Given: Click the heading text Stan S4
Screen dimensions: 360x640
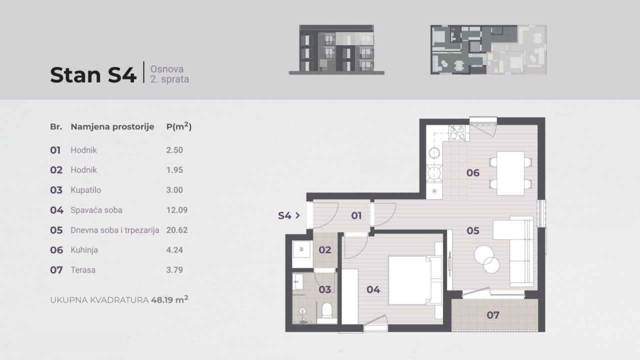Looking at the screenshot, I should [x=93, y=75].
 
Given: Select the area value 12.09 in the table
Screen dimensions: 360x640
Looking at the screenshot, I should [x=177, y=210].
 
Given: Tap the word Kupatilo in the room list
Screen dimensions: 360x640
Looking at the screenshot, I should [x=85, y=190].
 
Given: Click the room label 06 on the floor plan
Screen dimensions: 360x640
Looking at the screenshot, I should [x=472, y=173].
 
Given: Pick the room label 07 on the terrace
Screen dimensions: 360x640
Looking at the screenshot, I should [x=493, y=315].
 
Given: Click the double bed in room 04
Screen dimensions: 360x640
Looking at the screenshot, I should [x=415, y=280].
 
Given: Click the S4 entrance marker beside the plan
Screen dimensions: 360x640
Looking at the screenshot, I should [x=288, y=216].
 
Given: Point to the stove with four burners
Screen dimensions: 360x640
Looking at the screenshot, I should [x=457, y=132].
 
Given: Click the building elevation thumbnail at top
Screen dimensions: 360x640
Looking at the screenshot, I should [x=336, y=49].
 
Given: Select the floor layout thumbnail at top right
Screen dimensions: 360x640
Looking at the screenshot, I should [x=488, y=49].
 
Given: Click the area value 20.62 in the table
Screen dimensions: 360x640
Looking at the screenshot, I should [x=177, y=230].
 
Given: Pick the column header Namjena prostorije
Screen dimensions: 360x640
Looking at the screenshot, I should [x=112, y=127].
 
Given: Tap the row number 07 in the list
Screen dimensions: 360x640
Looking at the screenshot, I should [x=56, y=270].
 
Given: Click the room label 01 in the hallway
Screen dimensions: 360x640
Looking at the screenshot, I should [x=356, y=216].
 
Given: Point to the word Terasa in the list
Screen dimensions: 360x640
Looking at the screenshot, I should [x=83, y=270].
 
